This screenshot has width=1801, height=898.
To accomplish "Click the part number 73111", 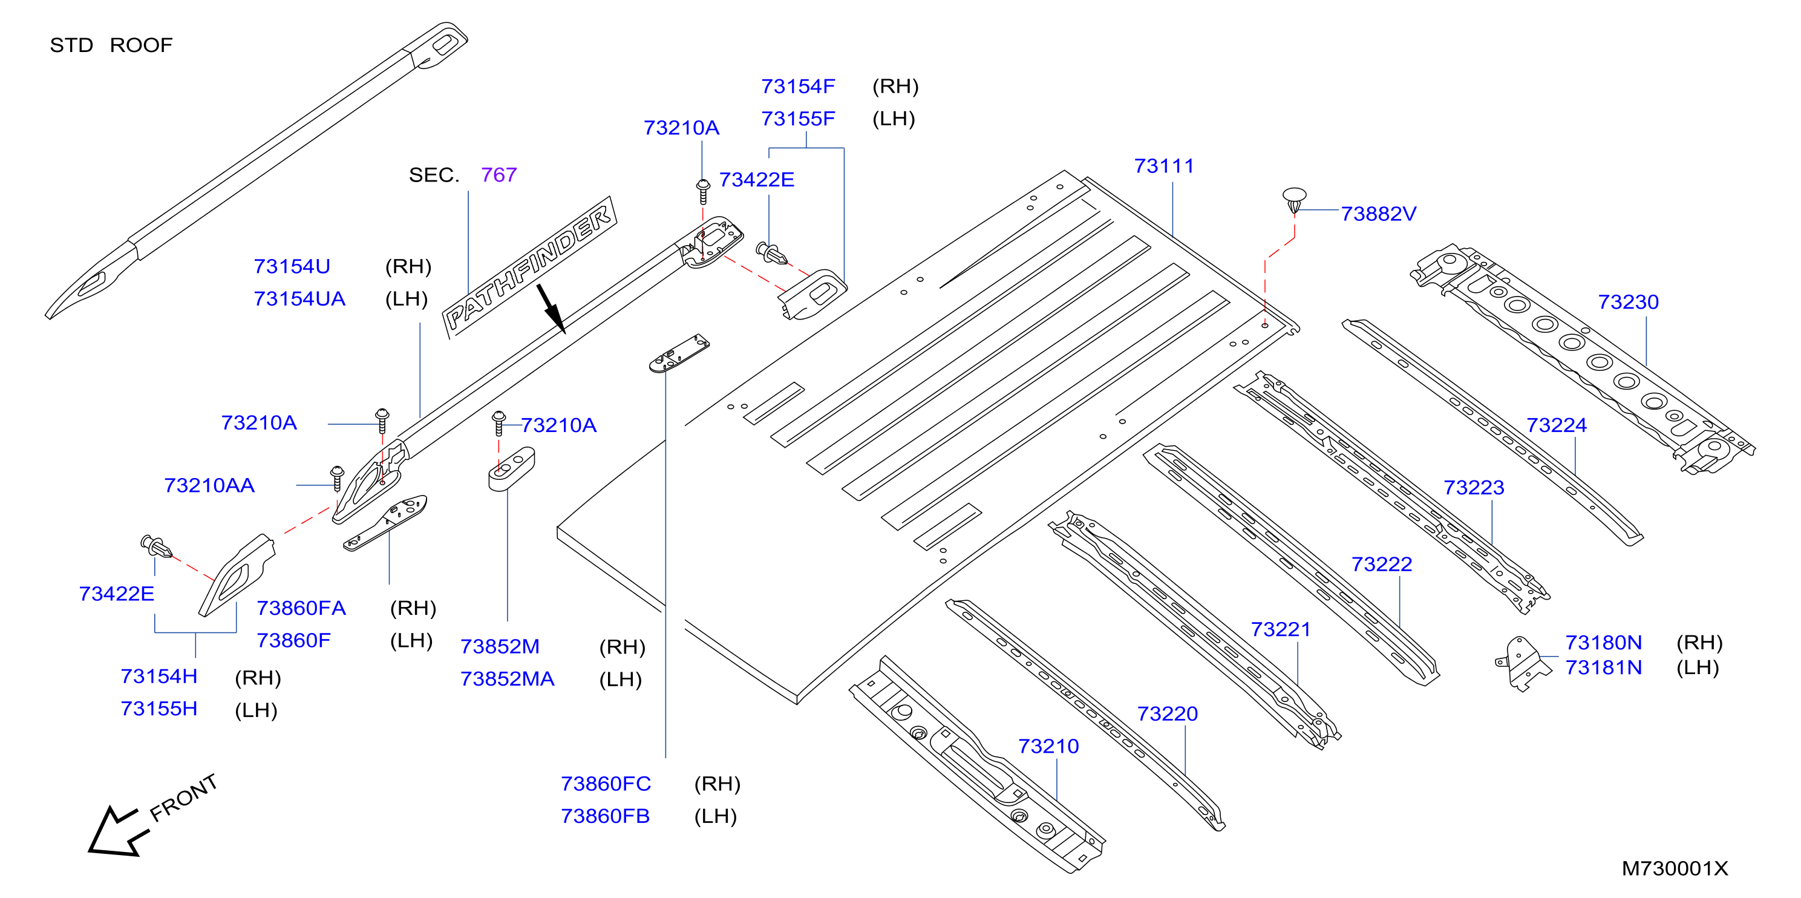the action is (1164, 166).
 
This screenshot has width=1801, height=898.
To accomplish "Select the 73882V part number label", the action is (1378, 214).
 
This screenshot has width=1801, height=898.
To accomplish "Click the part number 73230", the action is (1629, 302).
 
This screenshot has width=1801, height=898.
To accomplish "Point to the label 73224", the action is (1557, 425).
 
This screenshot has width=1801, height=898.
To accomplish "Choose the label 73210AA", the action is (209, 485).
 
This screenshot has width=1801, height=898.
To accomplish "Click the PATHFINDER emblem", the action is (530, 267).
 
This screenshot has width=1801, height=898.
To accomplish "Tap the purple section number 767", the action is (498, 175).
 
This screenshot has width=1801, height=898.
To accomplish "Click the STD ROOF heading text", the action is (111, 45).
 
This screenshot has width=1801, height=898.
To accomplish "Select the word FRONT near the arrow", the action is (183, 798).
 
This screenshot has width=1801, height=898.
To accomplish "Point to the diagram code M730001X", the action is (1675, 868).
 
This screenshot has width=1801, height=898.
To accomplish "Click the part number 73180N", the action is (1603, 643).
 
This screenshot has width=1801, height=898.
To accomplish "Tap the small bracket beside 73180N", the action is (1522, 663).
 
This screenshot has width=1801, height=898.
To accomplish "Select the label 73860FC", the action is (606, 784).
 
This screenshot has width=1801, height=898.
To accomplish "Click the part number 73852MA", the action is (507, 679).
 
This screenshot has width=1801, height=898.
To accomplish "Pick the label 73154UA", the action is (299, 300).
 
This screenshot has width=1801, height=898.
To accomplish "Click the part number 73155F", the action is (798, 119).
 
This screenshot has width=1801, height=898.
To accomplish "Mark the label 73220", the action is (1167, 714).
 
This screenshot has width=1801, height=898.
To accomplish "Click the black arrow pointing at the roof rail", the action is (551, 309).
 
